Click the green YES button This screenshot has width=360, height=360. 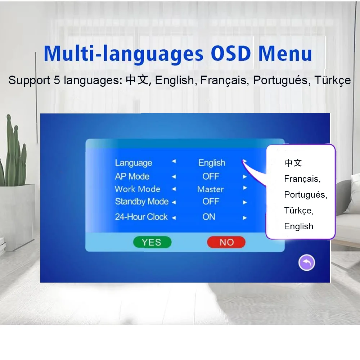152,242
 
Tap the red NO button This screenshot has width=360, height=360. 226,242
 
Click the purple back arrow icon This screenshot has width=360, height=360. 306,262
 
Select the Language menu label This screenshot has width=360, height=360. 134,163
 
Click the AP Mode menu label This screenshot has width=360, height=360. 132,176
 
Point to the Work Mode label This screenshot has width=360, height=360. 137,189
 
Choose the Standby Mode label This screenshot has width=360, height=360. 141,202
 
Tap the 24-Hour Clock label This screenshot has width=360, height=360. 141,217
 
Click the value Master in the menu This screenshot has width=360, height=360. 210,189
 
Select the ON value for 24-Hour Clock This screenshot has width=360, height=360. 209,217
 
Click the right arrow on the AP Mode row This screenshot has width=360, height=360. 245,177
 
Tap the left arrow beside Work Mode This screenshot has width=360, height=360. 174,189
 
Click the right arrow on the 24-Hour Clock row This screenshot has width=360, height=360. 245,218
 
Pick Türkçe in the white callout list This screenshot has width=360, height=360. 299,211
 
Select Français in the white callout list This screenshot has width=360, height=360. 302,179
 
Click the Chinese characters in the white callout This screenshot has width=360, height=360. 293,163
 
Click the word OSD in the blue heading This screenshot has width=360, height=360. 231,54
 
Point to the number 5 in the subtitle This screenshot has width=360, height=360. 57,80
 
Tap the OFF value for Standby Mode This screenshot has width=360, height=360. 211,202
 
